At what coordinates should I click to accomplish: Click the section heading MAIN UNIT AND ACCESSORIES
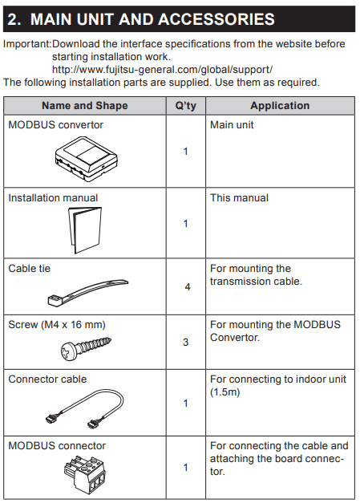(152, 19)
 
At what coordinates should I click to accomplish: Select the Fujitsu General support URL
(162, 70)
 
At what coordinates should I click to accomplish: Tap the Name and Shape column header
(85, 106)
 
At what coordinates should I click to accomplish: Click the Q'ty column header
(185, 106)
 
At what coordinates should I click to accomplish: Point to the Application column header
(280, 106)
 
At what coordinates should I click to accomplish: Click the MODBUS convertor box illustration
(87, 159)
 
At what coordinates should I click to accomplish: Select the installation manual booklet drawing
(85, 229)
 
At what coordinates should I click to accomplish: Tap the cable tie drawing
(88, 293)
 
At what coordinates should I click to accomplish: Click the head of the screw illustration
(68, 351)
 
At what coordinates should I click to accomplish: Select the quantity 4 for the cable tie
(188, 286)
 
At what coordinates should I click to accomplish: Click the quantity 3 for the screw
(185, 343)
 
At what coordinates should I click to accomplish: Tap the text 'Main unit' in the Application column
(232, 125)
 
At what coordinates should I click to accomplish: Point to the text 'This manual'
(239, 198)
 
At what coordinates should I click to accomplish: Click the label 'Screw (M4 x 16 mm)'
(57, 325)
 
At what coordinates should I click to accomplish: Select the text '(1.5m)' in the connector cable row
(225, 392)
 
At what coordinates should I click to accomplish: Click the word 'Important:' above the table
(27, 44)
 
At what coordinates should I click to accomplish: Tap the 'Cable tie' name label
(29, 269)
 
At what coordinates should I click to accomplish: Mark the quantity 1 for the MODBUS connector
(185, 468)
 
